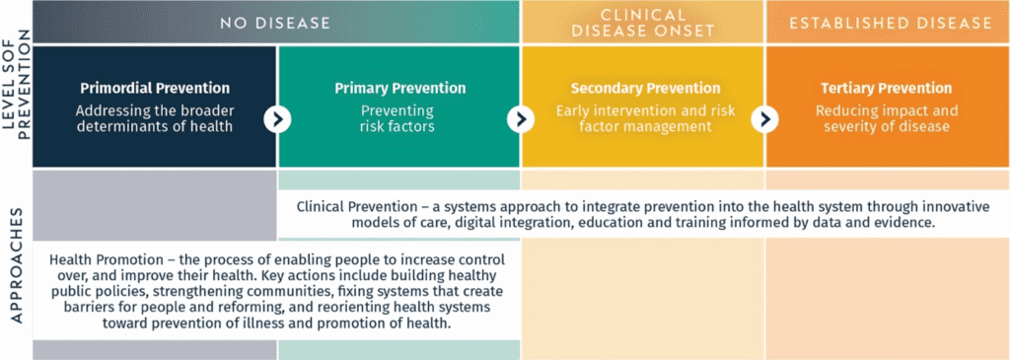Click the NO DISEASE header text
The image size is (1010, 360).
275,22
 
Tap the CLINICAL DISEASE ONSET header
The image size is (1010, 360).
642,22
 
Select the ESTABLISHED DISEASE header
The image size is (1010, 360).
887,22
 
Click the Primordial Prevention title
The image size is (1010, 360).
155,89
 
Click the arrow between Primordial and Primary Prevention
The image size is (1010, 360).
277,119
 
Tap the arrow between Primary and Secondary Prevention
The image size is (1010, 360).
520,119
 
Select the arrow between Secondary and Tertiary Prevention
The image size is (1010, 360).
763,119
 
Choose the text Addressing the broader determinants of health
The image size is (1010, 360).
155,117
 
